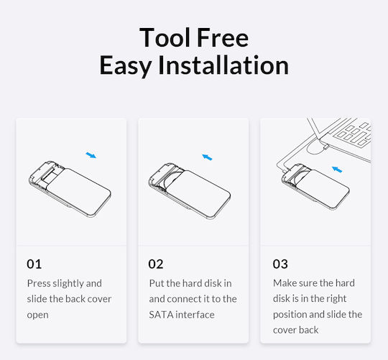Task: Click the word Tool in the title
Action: click(x=165, y=37)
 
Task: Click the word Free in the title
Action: click(x=223, y=37)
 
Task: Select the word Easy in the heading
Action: click(x=126, y=65)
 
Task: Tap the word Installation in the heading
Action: click(x=223, y=65)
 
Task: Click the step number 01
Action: click(x=34, y=264)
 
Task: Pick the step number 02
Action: click(x=156, y=264)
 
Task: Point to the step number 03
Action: click(x=280, y=264)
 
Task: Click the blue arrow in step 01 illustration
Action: click(x=91, y=155)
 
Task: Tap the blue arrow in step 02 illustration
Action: click(x=207, y=157)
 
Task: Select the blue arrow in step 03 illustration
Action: click(x=337, y=170)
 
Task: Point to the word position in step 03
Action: click(x=290, y=315)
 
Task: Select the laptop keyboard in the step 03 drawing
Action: click(x=353, y=134)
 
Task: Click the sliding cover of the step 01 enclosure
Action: click(x=79, y=192)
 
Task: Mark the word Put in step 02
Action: click(x=157, y=283)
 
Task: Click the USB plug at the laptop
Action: click(x=325, y=147)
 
